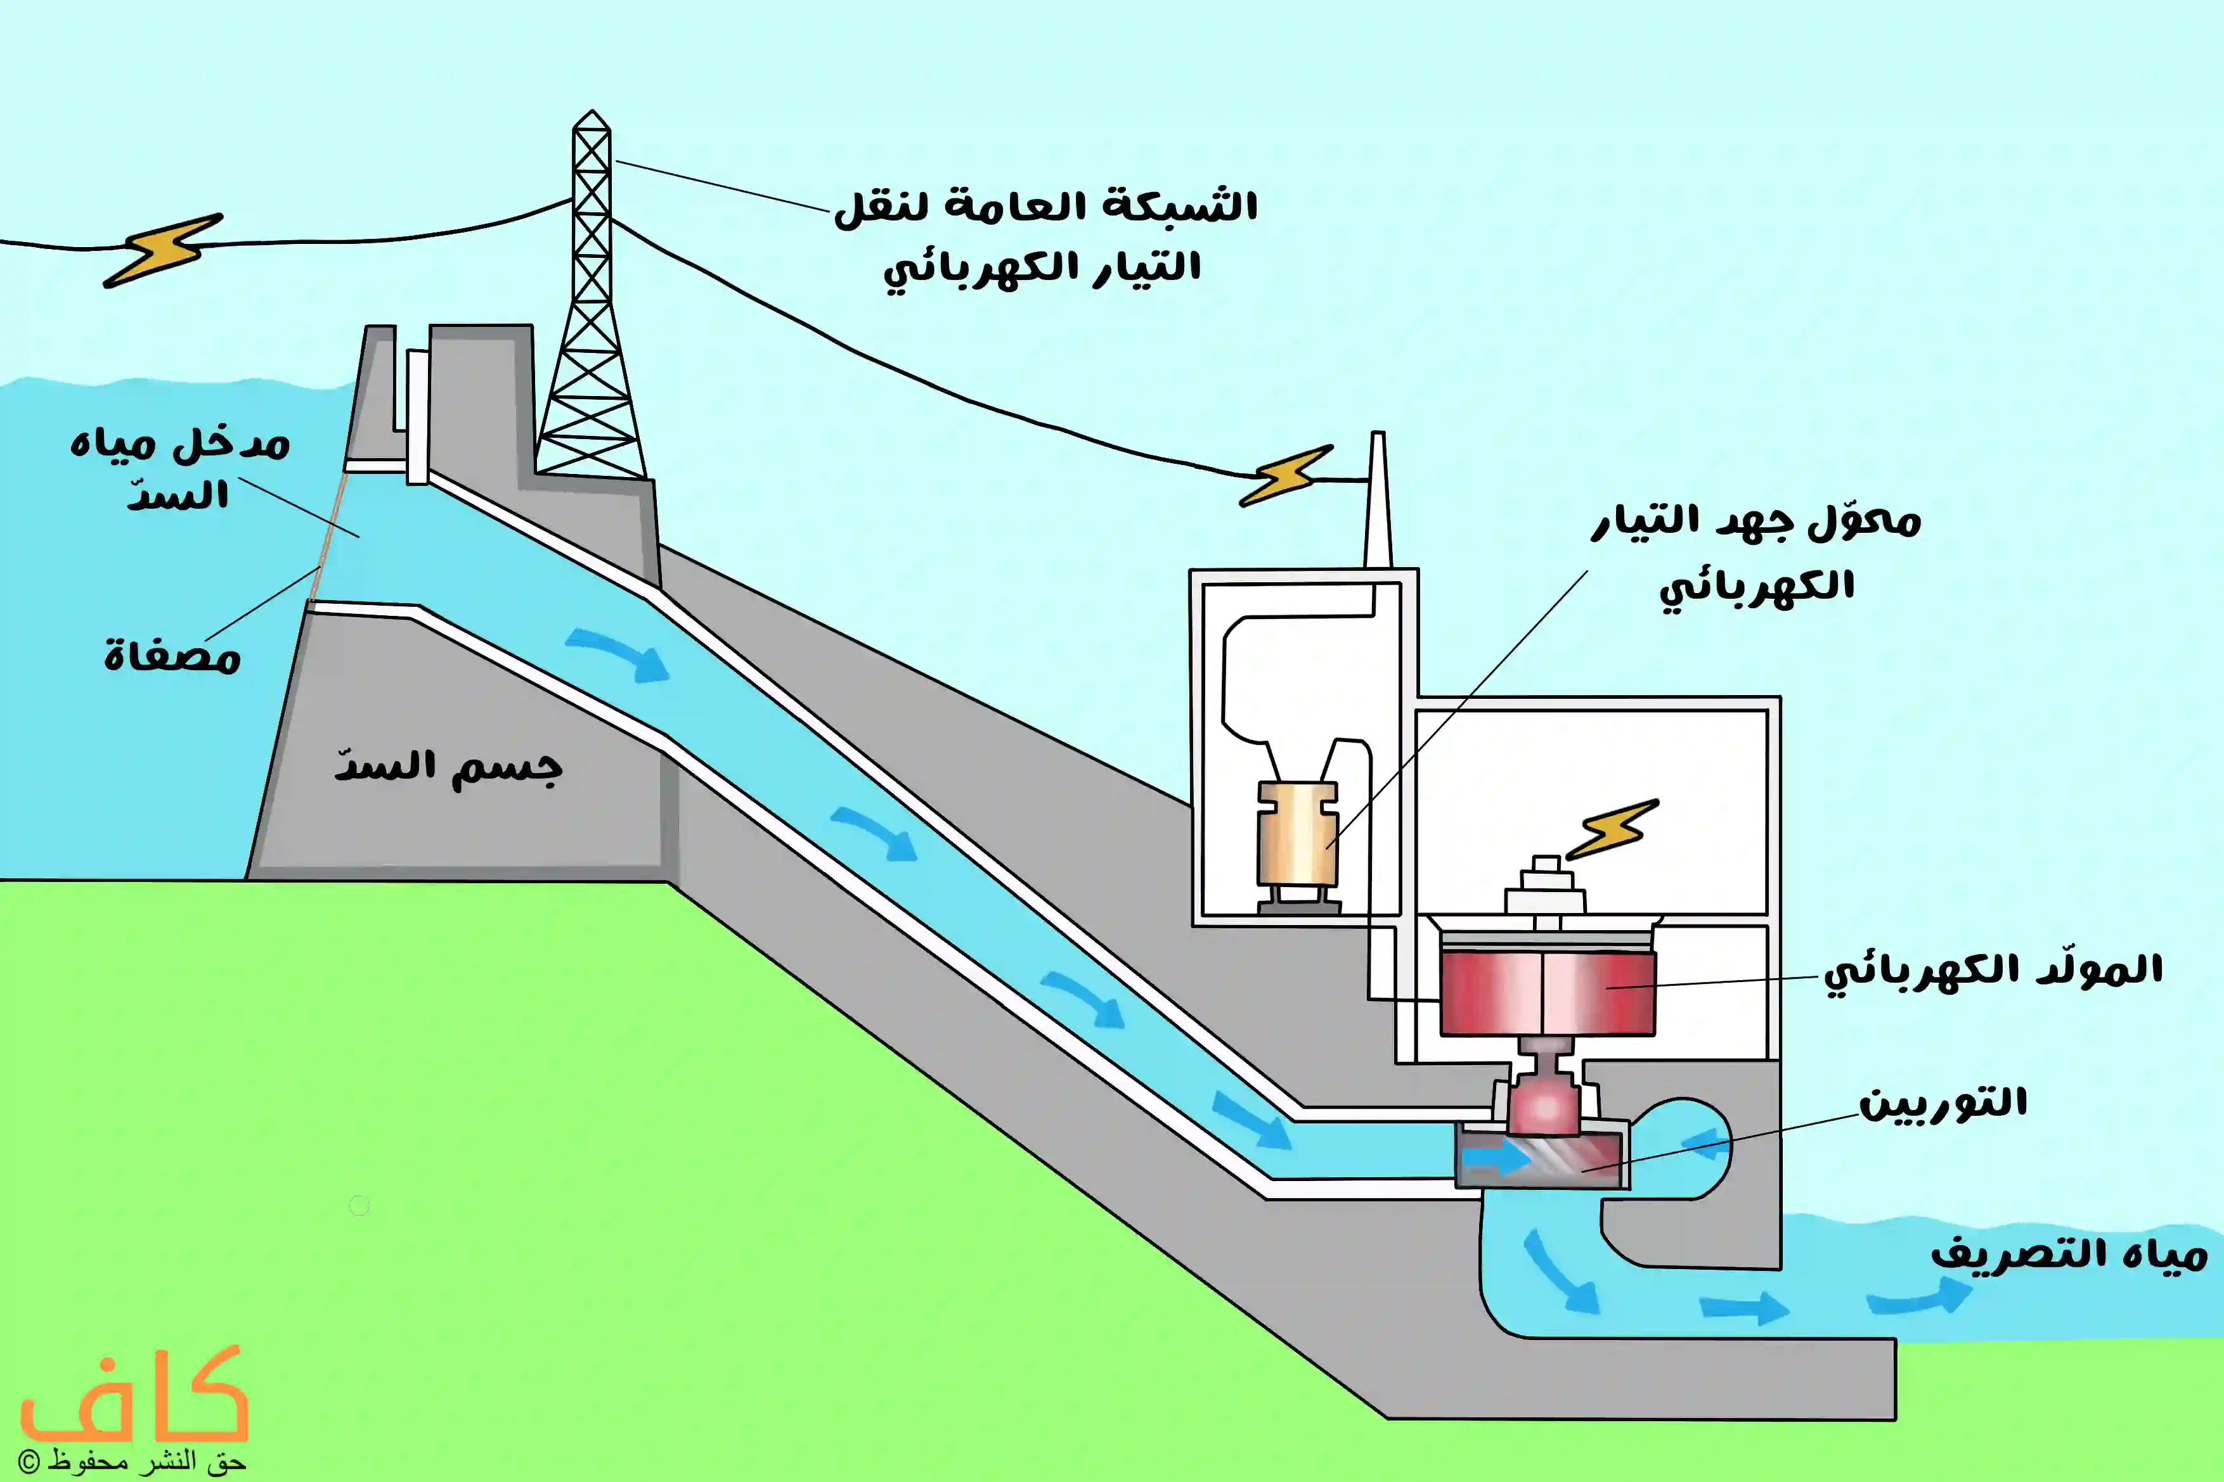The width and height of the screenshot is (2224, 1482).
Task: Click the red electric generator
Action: pyautogui.click(x=1547, y=992)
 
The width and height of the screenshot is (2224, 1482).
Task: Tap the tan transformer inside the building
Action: pyautogui.click(x=1297, y=834)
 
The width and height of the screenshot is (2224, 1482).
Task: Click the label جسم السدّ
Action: pyautogui.click(x=448, y=767)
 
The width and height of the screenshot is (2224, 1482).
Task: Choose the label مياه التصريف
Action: pyautogui.click(x=2069, y=1255)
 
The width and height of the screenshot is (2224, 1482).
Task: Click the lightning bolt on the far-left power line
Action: pyautogui.click(x=163, y=250)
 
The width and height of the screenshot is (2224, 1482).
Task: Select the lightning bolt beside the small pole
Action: pyautogui.click(x=1285, y=475)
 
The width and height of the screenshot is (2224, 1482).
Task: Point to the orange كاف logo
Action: pyautogui.click(x=134, y=1397)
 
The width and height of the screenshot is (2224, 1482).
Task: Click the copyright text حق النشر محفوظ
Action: pyautogui.click(x=133, y=1461)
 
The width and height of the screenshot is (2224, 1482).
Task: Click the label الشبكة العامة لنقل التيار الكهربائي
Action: pyautogui.click(x=1044, y=236)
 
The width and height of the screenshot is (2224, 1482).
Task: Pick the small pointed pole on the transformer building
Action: pyautogui.click(x=1378, y=501)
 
